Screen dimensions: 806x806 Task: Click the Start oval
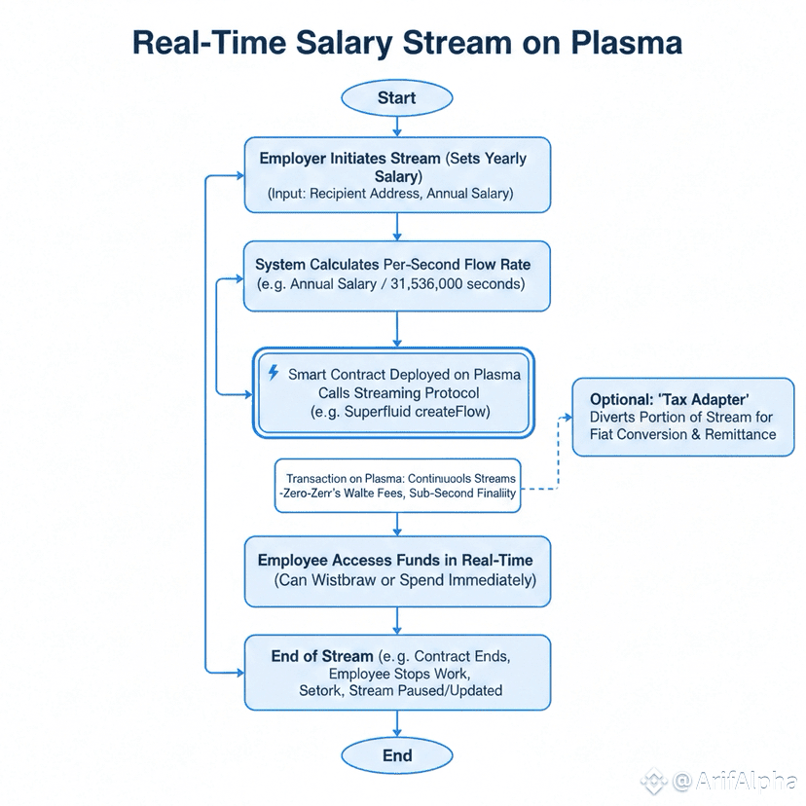[x=396, y=97]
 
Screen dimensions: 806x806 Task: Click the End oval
[x=396, y=755]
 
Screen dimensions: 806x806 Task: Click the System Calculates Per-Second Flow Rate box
[x=396, y=275]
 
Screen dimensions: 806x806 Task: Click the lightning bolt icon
[x=273, y=373]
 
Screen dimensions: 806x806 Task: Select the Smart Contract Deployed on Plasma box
[x=393, y=392]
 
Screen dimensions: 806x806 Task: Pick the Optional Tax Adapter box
[x=682, y=417]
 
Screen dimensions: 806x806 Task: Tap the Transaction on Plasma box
[x=396, y=486]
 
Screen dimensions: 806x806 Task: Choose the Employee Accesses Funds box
[x=396, y=571]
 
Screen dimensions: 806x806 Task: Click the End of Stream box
[x=396, y=673]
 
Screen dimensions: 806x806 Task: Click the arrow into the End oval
[x=396, y=723]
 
